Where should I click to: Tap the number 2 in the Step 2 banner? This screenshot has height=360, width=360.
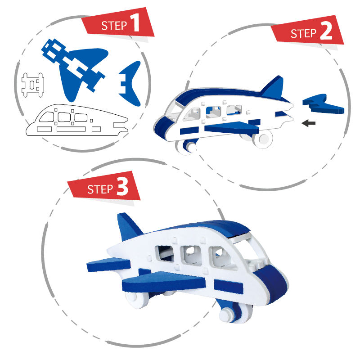(x=326, y=31)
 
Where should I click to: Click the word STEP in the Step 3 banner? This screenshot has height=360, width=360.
(x=100, y=189)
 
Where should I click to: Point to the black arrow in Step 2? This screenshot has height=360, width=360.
(x=308, y=123)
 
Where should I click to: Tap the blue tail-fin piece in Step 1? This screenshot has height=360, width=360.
(x=130, y=84)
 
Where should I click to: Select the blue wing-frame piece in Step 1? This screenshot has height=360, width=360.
(x=75, y=69)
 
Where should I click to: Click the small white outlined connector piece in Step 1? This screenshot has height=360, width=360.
(x=32, y=85)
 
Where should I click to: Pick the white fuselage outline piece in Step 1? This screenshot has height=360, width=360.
(x=77, y=120)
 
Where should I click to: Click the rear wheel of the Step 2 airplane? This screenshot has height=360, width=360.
(x=263, y=139)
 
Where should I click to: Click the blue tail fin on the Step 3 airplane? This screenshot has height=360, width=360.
(x=129, y=226)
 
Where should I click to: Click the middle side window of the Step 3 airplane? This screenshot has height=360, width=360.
(x=191, y=255)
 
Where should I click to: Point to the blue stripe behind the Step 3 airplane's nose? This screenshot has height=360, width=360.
(x=229, y=287)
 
